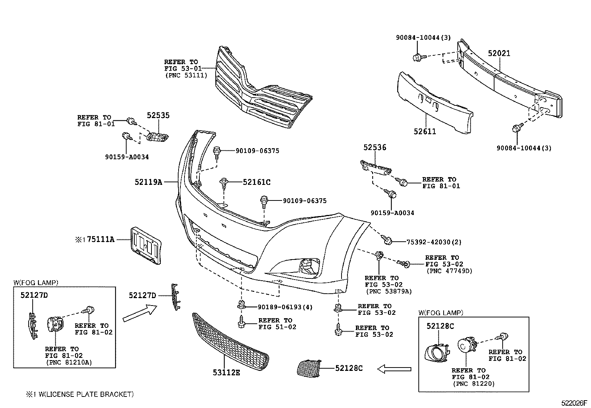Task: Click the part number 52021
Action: (499, 53)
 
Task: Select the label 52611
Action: (425, 131)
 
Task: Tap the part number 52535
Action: (158, 115)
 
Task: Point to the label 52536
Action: (375, 147)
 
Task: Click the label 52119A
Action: (148, 182)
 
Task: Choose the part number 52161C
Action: (257, 182)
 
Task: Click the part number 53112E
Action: (226, 372)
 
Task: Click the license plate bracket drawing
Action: (145, 246)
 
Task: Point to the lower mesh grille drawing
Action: (230, 342)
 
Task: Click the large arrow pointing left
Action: (394, 369)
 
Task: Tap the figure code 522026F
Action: (574, 402)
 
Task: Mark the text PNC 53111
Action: (186, 75)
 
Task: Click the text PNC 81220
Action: (474, 383)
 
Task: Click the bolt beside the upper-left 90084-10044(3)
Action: (417, 57)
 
